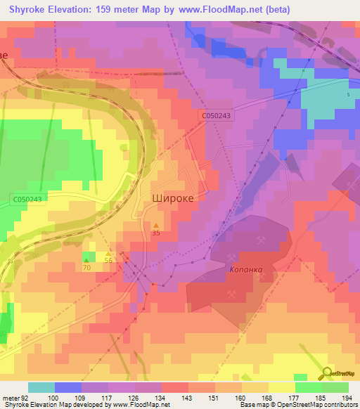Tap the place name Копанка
(245, 269)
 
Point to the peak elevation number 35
(156, 233)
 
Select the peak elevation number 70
(86, 268)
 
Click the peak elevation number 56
(109, 259)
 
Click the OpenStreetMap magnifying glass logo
(326, 375)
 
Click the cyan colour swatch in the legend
(41, 387)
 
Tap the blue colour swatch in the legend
(67, 387)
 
